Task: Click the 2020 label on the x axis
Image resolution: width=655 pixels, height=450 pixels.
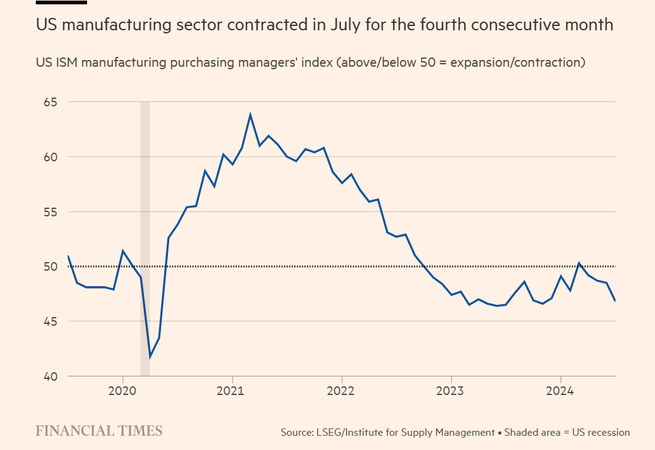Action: point(122,391)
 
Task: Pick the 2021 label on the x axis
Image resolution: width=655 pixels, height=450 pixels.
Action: point(232,391)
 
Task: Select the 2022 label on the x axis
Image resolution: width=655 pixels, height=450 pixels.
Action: point(341,391)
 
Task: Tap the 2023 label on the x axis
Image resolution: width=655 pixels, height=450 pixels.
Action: point(451,391)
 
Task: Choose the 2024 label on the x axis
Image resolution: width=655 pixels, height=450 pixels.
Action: point(561,391)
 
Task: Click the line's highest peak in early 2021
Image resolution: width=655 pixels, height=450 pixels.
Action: point(250,114)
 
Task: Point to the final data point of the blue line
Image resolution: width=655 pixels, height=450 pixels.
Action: point(615,301)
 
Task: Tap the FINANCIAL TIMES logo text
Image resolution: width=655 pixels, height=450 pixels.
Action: point(99,431)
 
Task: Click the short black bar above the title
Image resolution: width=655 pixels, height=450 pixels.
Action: point(61,2)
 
